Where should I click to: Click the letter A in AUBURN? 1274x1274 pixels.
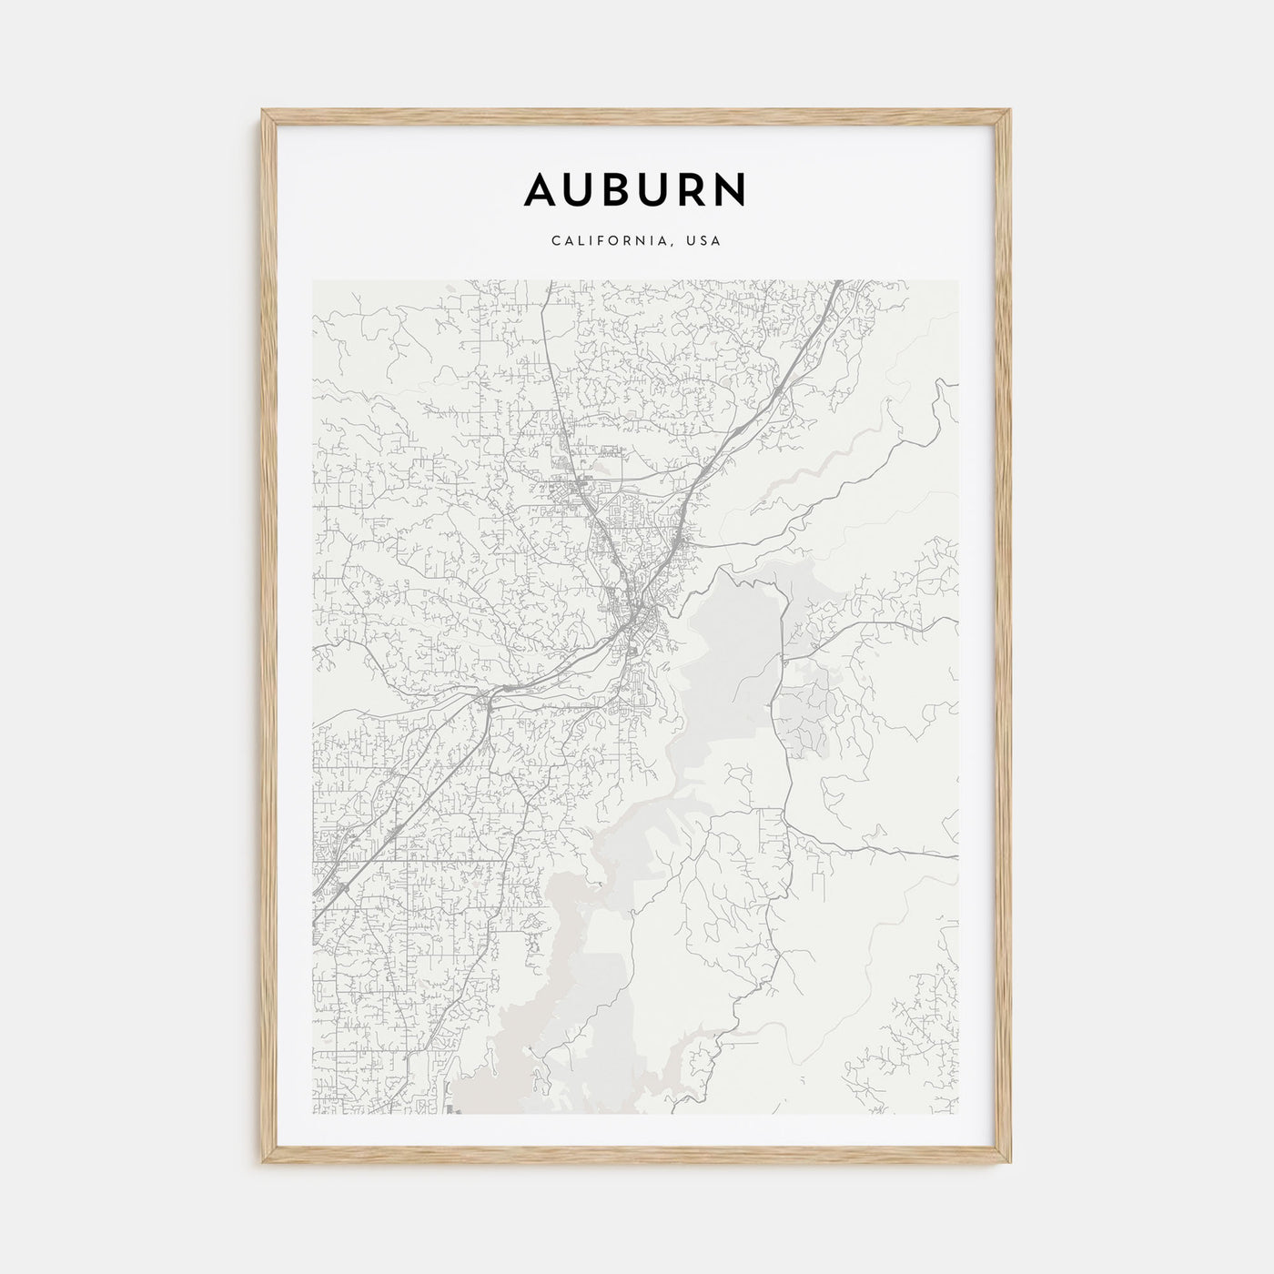pos(542,189)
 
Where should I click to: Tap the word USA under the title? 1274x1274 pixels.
pos(705,241)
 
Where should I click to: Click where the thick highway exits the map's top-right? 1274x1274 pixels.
pos(837,282)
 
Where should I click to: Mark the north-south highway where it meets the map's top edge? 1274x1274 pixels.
pos(544,282)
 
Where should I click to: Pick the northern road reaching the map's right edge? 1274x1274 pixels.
pos(955,619)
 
